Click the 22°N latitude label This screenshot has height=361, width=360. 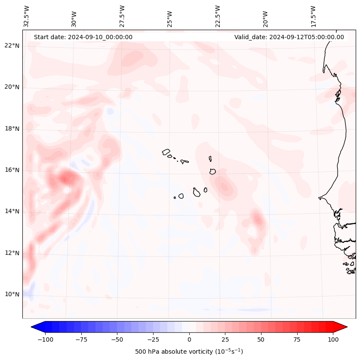coord(12,46)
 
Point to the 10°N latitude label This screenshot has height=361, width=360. coord(12,294)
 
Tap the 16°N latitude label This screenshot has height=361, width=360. coord(12,170)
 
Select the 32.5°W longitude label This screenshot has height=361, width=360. coord(27,16)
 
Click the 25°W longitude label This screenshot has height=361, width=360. coord(170,16)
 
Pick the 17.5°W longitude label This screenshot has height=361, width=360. coord(313,16)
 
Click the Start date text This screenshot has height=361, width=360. coord(83,37)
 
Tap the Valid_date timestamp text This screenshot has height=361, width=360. coord(289,37)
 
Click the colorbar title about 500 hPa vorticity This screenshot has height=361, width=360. coord(189,352)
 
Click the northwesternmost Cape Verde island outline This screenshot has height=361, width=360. coord(166,151)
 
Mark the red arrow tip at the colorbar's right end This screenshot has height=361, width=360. coord(346,327)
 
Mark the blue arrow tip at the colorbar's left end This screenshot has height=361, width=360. coord(32,327)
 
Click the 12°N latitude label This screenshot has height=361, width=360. coord(12,253)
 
